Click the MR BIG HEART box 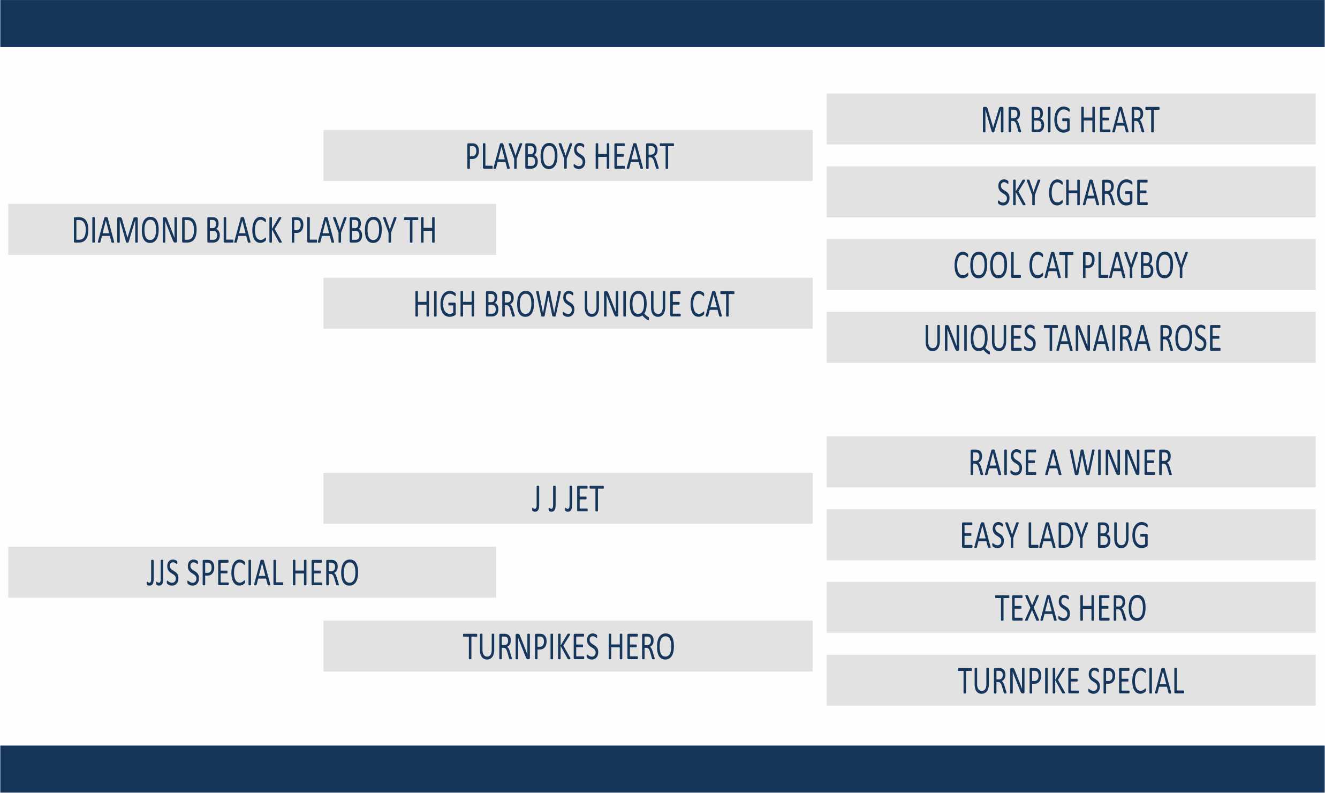(x=1071, y=119)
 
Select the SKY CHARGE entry (x=1071, y=192)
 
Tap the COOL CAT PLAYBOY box (x=1071, y=265)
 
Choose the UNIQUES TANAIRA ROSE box (x=1071, y=337)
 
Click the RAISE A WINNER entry (x=1071, y=462)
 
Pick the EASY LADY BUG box (x=1071, y=534)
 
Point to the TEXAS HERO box (x=1071, y=607)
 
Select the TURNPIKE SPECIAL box (x=1071, y=680)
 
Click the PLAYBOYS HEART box (x=568, y=155)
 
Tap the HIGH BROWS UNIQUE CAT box (x=568, y=303)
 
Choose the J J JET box (x=568, y=498)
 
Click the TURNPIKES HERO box (x=568, y=646)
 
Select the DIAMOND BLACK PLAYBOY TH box (x=252, y=229)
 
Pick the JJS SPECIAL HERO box (x=252, y=572)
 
